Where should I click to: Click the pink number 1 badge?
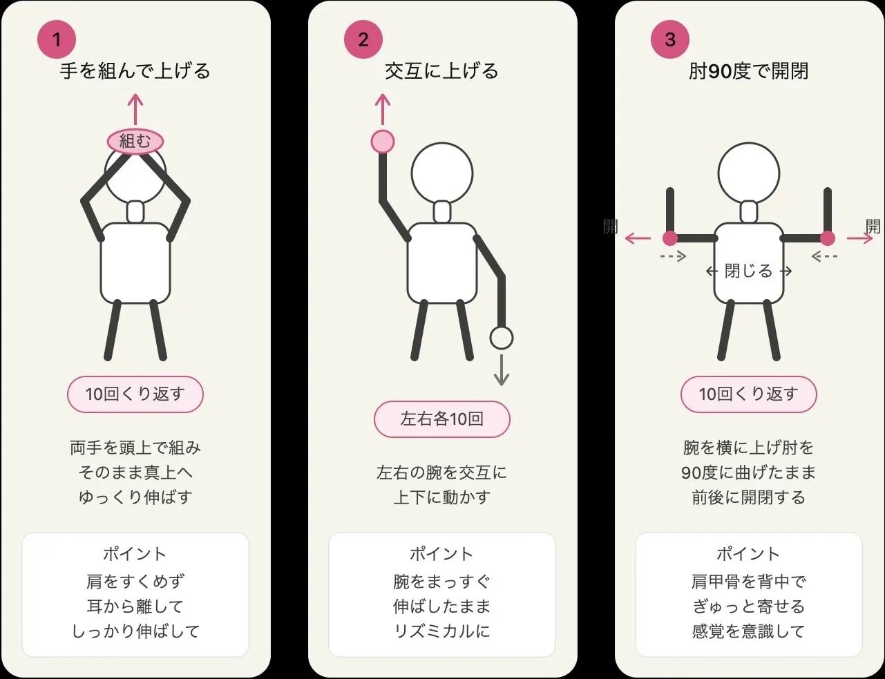(57, 39)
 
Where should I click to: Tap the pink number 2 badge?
(363, 39)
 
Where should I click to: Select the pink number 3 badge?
(670, 39)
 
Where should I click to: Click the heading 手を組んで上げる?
(135, 71)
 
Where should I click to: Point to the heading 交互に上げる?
(442, 71)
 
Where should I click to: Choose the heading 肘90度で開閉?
(749, 71)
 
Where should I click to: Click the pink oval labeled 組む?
(135, 141)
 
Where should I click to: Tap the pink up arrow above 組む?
(135, 109)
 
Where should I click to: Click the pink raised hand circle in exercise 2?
(383, 142)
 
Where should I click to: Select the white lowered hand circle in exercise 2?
(502, 338)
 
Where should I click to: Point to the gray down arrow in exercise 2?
(502, 370)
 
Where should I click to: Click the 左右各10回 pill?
(442, 419)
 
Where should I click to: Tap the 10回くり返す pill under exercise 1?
(135, 394)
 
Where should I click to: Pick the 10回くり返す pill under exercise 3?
(749, 394)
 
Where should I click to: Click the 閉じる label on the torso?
(749, 271)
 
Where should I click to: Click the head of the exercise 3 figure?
(749, 173)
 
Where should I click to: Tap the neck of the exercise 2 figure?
(442, 211)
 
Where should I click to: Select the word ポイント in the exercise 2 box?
(442, 554)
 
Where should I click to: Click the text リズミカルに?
(442, 631)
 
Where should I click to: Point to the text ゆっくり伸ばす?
(135, 497)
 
